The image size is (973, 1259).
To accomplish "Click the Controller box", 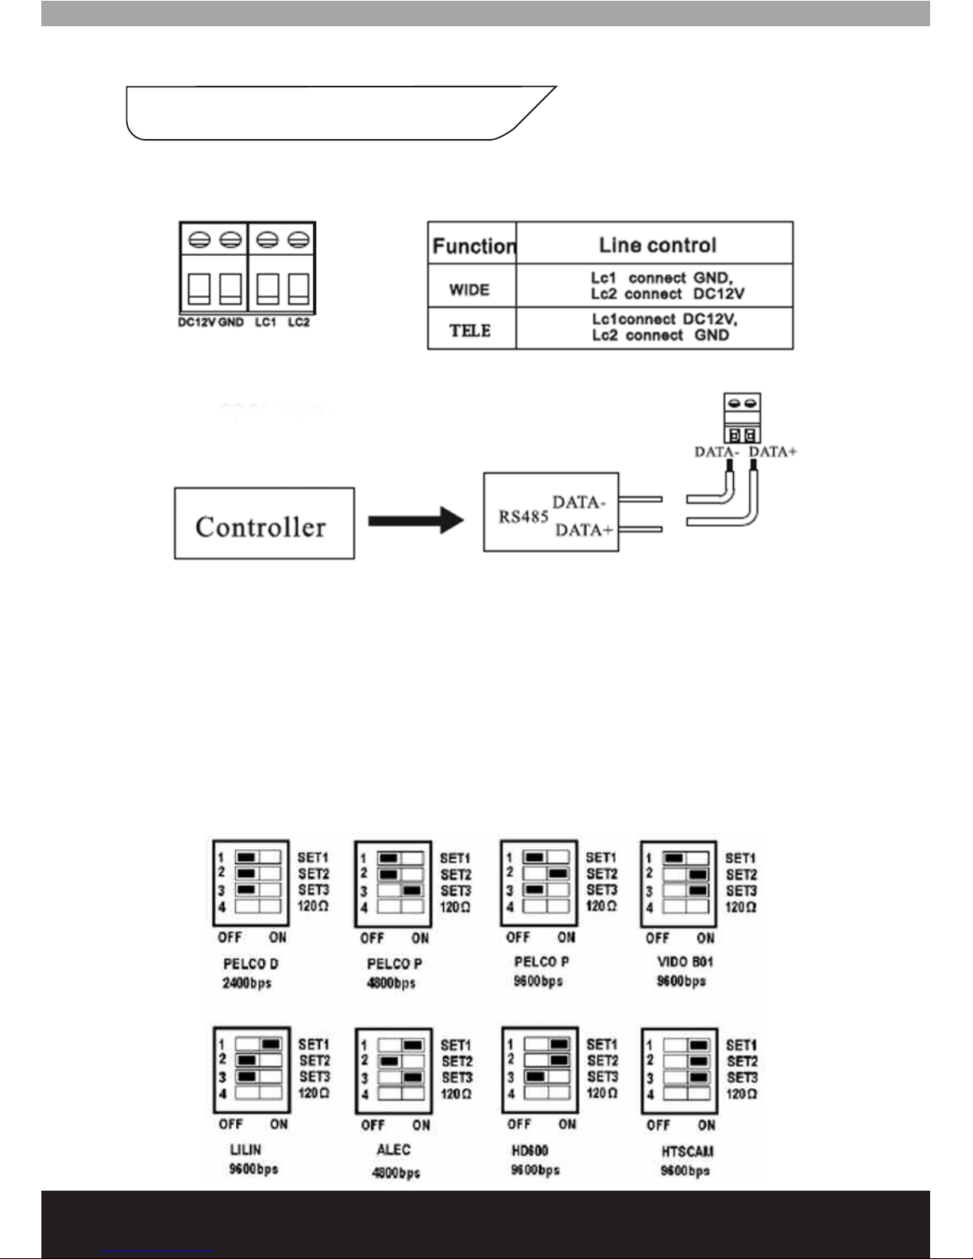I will pos(264,524).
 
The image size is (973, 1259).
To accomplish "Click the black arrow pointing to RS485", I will pos(415,521).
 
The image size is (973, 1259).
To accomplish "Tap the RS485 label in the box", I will pos(523,517).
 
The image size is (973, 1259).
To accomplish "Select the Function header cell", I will pos(473,245).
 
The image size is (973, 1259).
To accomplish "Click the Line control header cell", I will pos(657,245).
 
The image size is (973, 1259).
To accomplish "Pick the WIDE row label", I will pos(469,289).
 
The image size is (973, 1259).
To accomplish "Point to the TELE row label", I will pos(470,330).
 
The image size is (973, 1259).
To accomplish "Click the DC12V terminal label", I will pos(196,322).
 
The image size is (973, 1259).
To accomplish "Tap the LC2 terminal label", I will pos(299,322).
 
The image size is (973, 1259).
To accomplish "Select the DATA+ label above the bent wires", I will pos(773,452).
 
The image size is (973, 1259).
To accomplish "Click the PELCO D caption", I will pos(250,964).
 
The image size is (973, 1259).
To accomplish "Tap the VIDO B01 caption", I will pos(685,962).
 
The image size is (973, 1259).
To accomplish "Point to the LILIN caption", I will pos(245,1149).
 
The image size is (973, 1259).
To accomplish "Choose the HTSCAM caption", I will pos(687,1151).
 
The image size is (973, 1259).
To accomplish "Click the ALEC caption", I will pos(393,1149).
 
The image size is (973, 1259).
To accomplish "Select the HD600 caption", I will pos(530,1150).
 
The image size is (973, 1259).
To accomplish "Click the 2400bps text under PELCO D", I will pos(247,983).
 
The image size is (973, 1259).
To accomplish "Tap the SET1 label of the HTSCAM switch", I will pos(741,1045).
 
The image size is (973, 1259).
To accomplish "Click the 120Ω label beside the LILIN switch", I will pos(314,1093).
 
